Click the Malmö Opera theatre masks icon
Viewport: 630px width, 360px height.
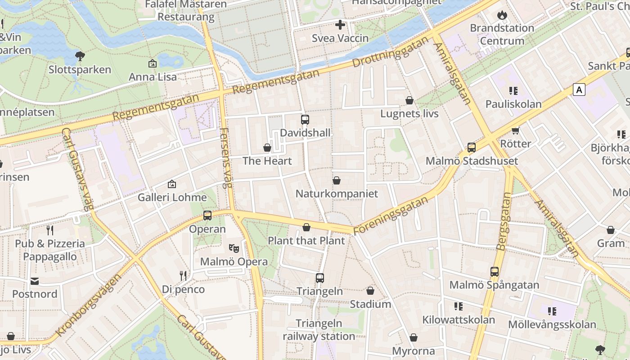(234, 248)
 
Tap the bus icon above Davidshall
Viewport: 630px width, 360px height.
(305, 120)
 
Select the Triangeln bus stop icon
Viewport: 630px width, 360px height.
(320, 278)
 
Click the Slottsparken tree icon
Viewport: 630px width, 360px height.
(80, 56)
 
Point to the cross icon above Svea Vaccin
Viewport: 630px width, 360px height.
(340, 25)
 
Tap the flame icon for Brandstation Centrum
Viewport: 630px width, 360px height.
(502, 15)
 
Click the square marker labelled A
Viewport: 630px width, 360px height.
(579, 90)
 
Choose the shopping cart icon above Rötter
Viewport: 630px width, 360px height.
(516, 130)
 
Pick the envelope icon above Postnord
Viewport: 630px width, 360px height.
(35, 281)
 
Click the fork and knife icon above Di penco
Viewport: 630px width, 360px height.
(183, 276)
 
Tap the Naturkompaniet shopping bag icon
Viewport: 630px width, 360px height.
(337, 180)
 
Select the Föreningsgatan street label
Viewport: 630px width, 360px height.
(391, 216)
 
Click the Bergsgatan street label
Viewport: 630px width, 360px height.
(504, 221)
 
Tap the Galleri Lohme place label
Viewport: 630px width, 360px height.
(172, 198)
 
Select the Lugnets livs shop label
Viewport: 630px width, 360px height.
(409, 113)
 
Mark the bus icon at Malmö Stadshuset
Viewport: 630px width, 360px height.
(472, 148)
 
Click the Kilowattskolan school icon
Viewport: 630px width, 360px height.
(459, 307)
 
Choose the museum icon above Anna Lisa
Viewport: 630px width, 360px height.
(153, 64)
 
